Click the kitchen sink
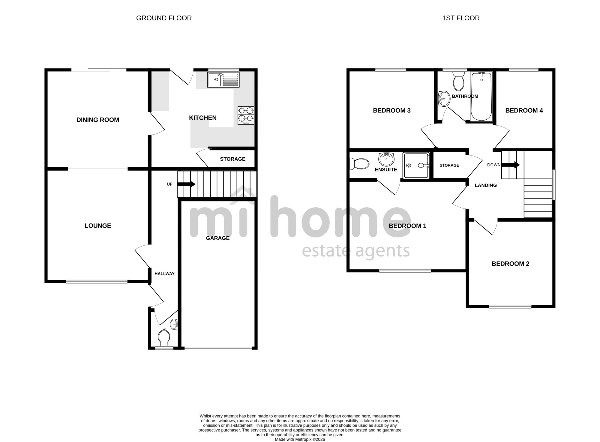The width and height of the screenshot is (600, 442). coord(223,80)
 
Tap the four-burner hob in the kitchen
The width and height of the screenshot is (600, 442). coord(246,115)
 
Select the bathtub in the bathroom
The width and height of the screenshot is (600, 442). coord(481,96)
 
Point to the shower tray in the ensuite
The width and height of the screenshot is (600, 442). coord(416,165)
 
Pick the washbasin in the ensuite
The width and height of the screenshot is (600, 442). coord(386,159)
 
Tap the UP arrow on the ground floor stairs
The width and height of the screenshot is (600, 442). coord(187,184)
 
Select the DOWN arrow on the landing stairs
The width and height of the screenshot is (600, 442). coord(511,165)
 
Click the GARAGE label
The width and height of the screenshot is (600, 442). coord(218,238)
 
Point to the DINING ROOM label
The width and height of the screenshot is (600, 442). coord(98,120)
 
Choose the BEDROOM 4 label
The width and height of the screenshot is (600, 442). coord(524,111)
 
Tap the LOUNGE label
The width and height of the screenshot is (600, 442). coord(98,226)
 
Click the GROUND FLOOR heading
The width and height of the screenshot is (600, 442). coord(164,18)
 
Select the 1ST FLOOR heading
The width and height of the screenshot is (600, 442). coord(461,18)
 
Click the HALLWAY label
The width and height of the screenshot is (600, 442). coord(164,274)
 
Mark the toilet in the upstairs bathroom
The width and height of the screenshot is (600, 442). coord(458,81)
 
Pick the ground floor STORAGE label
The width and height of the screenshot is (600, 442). coord(233,159)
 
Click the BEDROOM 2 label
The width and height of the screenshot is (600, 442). coord(511,264)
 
